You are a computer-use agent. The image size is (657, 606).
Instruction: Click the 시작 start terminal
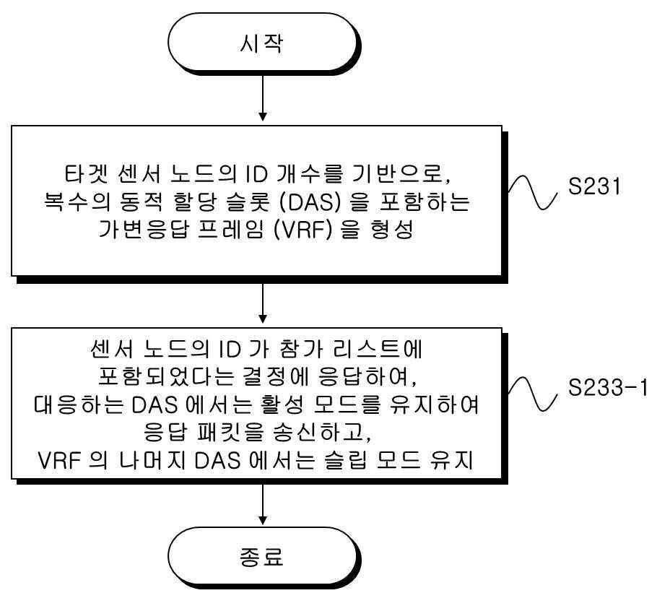(263, 43)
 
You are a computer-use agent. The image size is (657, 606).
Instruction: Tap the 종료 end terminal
(263, 557)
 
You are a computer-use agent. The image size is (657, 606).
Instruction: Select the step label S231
(593, 186)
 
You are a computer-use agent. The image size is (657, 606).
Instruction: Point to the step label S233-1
(607, 388)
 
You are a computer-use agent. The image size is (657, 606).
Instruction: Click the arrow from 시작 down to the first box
(263, 98)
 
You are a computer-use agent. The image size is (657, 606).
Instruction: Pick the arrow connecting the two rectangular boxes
(263, 303)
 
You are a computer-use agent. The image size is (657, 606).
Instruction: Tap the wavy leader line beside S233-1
(533, 394)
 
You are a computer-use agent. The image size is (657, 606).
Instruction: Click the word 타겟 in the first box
(87, 174)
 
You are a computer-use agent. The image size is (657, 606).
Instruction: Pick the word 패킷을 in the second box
(231, 432)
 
